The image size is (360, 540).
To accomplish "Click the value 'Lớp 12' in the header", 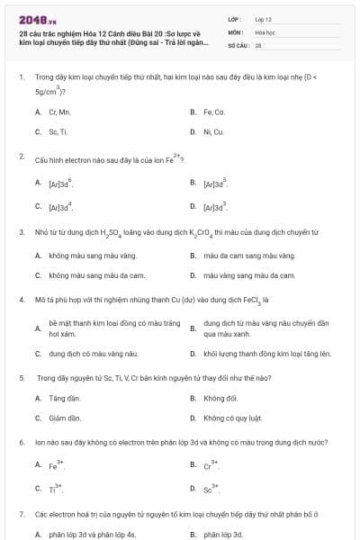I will click(x=264, y=18).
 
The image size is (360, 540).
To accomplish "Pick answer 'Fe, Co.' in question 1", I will click(x=214, y=112).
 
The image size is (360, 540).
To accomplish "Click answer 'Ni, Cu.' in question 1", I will click(x=213, y=131).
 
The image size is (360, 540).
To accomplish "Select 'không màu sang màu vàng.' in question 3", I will click(x=85, y=256).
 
